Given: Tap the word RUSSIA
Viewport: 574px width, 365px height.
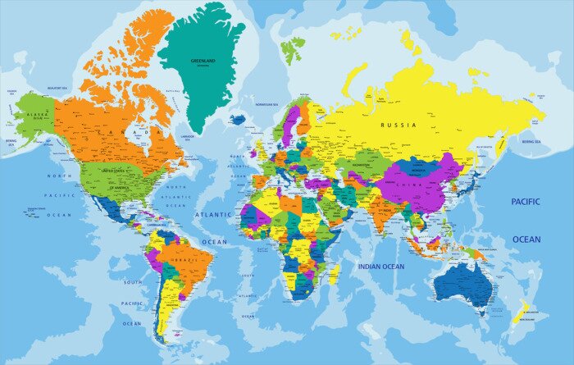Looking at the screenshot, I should coord(399,125).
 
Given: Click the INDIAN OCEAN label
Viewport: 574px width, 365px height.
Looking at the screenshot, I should coord(380,267).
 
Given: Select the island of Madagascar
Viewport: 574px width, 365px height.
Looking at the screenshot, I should coord(335,273).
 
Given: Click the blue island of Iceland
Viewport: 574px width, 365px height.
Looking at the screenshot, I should coord(237,120).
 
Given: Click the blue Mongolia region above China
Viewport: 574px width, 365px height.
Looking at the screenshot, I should coord(417,167).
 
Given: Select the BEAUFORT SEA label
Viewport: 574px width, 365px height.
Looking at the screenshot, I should coord(56,88).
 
